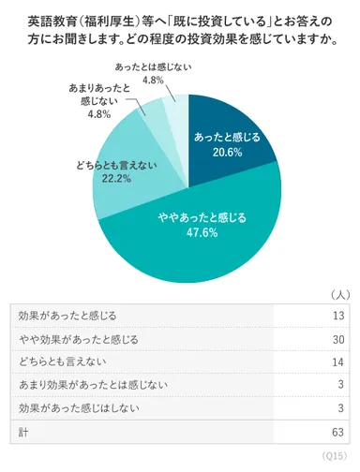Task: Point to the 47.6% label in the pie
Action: coord(202,232)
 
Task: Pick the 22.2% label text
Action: coord(112,179)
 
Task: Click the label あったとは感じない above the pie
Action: coord(152,68)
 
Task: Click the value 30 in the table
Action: coord(338,337)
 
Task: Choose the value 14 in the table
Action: coord(338,361)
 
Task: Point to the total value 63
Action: coord(338,432)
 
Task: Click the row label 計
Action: coord(23,432)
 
